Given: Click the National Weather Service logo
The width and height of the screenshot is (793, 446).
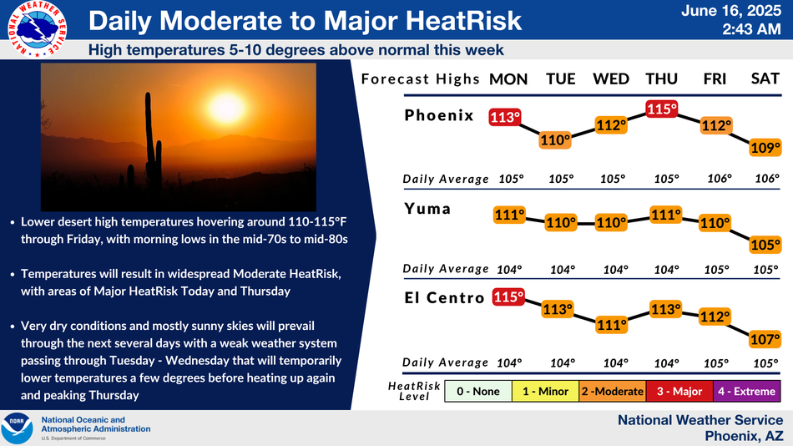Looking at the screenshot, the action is [x=37, y=28].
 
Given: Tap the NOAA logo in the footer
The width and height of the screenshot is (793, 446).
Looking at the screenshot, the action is [x=18, y=428].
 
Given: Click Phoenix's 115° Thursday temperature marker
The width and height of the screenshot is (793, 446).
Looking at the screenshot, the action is [x=661, y=109].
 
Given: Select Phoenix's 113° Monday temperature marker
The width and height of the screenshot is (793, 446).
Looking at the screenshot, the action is [x=505, y=118].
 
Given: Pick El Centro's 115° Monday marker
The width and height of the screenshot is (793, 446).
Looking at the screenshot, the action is [x=508, y=296].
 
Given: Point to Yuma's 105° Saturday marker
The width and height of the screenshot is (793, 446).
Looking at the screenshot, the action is [x=765, y=245].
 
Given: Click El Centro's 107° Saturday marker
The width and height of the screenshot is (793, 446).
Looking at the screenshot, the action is [x=765, y=339].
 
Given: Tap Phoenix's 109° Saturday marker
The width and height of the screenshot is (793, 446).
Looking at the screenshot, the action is [x=765, y=148].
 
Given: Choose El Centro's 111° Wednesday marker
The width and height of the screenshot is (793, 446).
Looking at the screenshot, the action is [x=611, y=325].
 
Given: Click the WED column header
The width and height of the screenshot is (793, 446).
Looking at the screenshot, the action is [x=611, y=79].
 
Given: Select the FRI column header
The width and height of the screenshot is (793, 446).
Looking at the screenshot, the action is [x=715, y=79].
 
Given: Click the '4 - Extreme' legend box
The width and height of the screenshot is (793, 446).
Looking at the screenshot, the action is [x=746, y=392].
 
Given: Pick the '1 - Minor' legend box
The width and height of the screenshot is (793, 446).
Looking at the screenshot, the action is [x=545, y=392].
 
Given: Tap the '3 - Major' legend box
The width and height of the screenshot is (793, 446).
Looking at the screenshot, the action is [x=679, y=392].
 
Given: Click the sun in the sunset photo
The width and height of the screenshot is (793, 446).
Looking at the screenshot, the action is [x=226, y=108].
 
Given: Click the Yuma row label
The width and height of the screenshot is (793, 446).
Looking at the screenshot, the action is [x=427, y=209].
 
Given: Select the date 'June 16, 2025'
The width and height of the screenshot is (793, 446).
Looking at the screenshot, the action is [x=731, y=11].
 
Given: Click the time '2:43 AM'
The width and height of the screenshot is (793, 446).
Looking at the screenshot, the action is [x=751, y=29].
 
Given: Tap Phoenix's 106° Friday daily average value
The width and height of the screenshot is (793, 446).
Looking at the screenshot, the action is [x=720, y=179].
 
